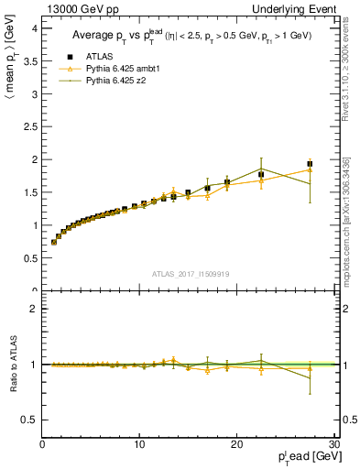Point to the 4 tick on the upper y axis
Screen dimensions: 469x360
(35, 28)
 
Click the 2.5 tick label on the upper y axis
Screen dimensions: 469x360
(30, 126)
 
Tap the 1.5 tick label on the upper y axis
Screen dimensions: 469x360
(30, 192)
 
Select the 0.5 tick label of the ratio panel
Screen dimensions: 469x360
(30, 420)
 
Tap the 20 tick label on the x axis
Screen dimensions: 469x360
(236, 445)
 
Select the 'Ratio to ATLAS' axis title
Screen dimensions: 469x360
(11, 364)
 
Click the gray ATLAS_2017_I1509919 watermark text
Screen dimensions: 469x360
(189, 273)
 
